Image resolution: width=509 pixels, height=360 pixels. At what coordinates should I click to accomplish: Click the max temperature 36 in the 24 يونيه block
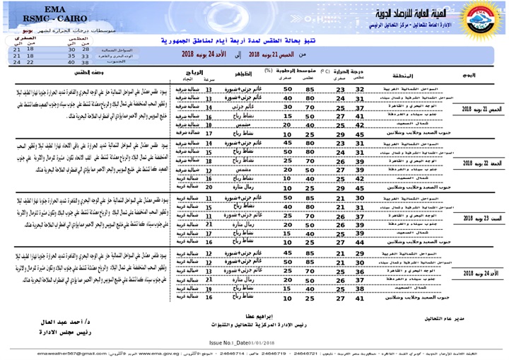pyautogui.click(x=360, y=271)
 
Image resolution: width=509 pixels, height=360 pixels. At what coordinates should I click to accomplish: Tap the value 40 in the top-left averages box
pyautogui.click(x=71, y=62)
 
